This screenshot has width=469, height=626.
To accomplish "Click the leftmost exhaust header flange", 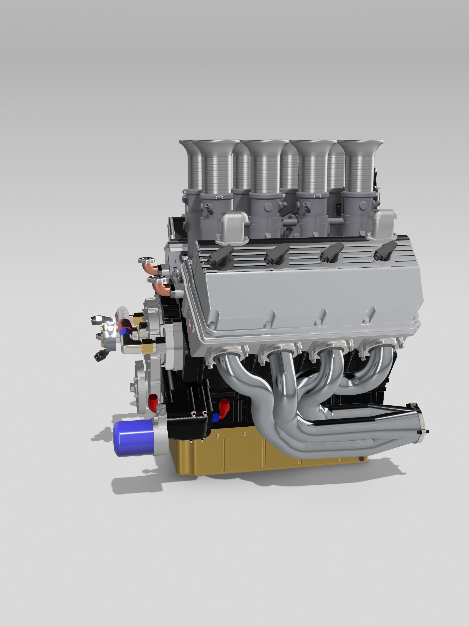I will [226, 354].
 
